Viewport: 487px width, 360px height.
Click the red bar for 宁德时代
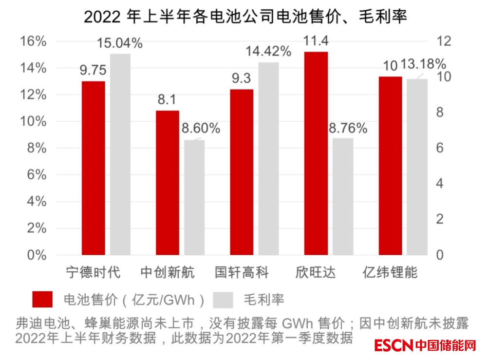click(93, 168)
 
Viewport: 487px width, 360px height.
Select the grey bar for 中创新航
click(194, 197)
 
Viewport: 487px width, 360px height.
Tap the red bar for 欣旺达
click(316, 153)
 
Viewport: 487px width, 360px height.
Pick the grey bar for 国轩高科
click(268, 159)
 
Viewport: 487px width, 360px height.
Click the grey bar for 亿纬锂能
click(417, 167)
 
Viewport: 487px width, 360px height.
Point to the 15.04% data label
click(119, 44)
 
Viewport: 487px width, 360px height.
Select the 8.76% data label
click(348, 128)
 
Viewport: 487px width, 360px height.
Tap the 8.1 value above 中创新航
click(167, 100)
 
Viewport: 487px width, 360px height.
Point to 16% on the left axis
click(33, 42)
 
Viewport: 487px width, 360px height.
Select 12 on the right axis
click(442, 42)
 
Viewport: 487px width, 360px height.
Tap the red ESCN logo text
click(394, 346)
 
